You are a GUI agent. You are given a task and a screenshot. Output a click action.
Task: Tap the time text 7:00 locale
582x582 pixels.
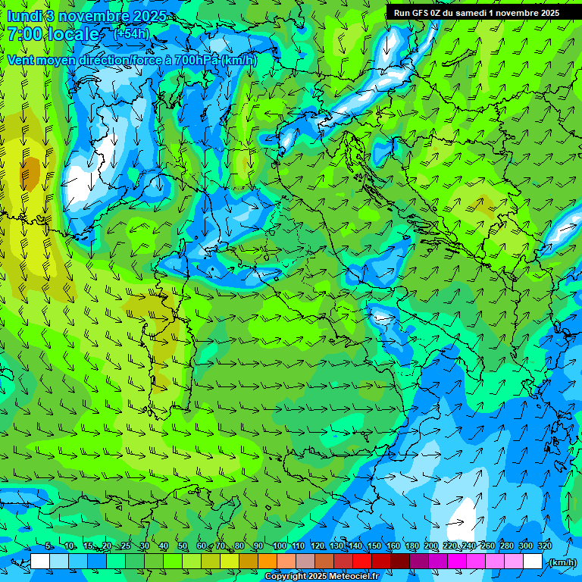(52, 34)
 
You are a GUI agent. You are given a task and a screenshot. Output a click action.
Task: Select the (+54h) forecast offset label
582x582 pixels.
(131, 33)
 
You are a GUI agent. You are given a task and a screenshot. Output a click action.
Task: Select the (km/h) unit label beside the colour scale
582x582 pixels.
(562, 562)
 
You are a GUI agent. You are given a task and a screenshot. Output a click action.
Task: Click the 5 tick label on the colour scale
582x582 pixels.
(49, 546)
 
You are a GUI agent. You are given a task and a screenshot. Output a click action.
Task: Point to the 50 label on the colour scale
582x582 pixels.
(183, 546)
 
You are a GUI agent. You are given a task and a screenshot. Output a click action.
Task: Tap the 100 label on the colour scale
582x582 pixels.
(280, 546)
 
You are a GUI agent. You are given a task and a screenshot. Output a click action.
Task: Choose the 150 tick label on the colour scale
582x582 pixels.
(374, 546)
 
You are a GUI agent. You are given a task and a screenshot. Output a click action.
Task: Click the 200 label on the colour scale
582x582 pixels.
(431, 546)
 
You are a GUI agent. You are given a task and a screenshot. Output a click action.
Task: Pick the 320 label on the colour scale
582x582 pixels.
(544, 546)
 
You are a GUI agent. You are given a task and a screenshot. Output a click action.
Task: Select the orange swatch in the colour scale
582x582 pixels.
(267, 562)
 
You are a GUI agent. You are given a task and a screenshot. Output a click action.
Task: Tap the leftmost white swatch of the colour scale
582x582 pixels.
(39, 562)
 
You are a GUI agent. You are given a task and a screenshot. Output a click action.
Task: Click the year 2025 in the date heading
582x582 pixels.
(150, 16)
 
